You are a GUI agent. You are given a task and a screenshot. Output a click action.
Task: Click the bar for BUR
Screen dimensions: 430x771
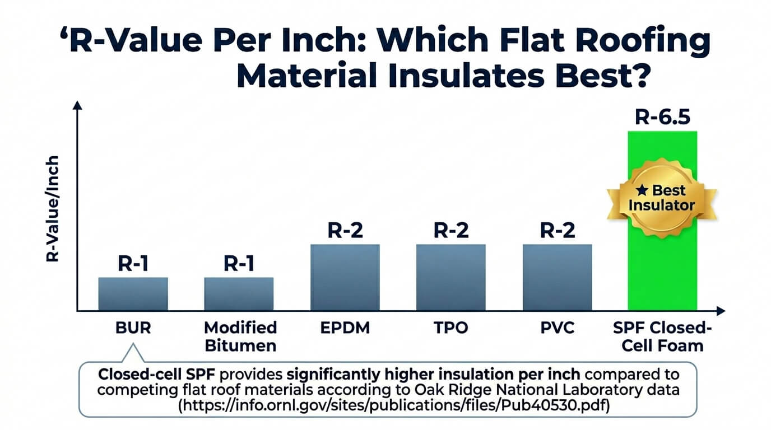[133, 293]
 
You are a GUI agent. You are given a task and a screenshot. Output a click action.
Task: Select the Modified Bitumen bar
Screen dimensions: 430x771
[239, 293]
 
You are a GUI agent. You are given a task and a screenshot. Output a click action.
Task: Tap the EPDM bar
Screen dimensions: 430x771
[345, 277]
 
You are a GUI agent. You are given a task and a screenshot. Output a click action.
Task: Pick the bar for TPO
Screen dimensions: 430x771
[450, 277]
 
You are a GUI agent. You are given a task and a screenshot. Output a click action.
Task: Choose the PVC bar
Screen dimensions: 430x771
[557, 277]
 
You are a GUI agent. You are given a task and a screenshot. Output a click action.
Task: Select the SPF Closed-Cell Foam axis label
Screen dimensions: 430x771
[662, 336]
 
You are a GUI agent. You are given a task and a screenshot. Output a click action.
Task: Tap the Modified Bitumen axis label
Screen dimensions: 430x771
[240, 336]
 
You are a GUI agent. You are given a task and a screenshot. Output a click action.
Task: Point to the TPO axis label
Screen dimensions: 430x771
[451, 328]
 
